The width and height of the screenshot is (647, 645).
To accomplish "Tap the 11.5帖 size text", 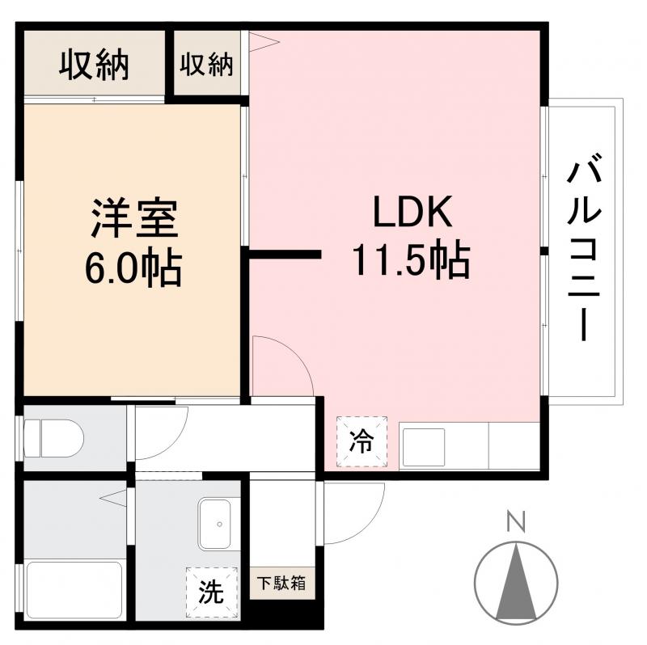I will tap(410, 260).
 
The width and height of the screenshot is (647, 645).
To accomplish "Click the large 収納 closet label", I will tap(94, 65).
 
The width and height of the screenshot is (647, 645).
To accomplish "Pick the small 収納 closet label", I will tap(206, 65).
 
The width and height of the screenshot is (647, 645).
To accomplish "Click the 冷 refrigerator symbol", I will tap(362, 441).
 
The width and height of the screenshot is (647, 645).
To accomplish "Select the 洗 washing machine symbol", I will tap(212, 592).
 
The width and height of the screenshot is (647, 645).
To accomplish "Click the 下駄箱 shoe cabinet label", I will tap(281, 582).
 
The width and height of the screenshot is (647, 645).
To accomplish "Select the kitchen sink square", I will tap(423, 446).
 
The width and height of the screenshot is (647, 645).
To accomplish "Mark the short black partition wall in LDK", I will tap(285, 256).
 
